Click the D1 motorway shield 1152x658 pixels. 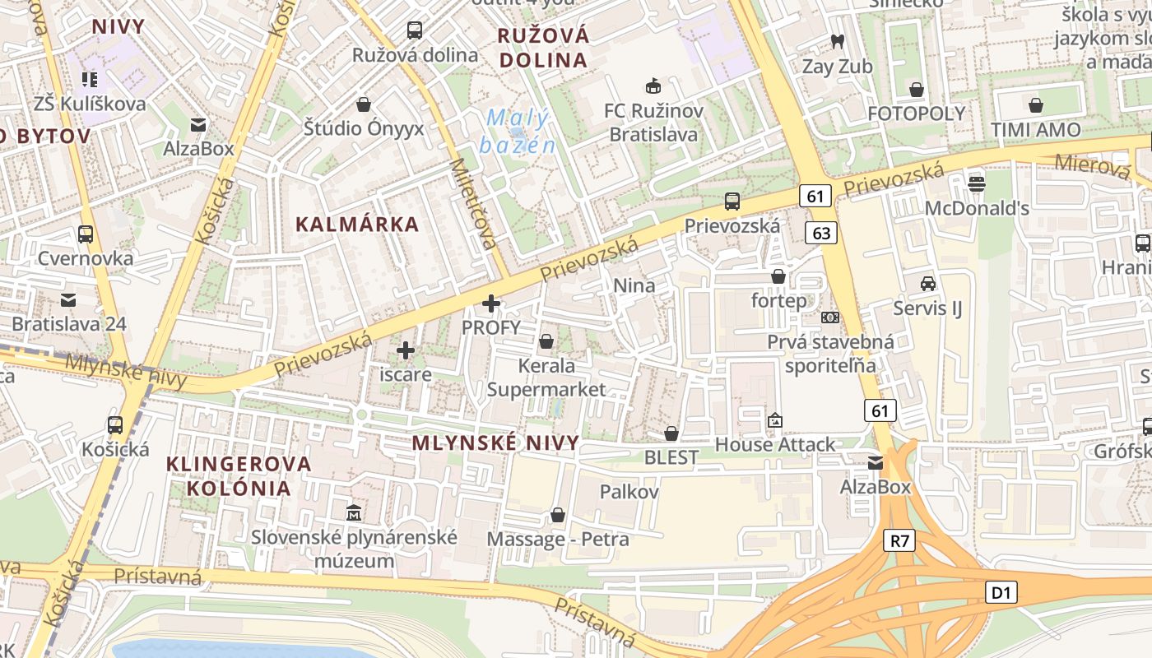(1001, 591)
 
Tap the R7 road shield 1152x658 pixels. (899, 540)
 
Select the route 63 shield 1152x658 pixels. (821, 233)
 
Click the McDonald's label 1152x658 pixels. (977, 208)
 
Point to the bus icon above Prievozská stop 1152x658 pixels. (732, 201)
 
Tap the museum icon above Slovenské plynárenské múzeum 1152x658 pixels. (354, 512)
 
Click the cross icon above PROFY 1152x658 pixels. (491, 304)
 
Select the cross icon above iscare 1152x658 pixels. (405, 350)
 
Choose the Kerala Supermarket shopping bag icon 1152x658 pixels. (546, 341)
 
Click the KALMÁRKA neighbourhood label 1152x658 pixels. (357, 224)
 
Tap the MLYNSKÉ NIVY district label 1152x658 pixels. (495, 443)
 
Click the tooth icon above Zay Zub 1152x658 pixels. (838, 41)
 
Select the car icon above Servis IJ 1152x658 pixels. (927, 284)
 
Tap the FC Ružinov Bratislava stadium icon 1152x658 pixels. (653, 86)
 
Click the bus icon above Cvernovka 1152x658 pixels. (85, 234)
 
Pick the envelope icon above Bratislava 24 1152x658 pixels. (68, 299)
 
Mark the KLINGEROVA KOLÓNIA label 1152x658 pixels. (239, 475)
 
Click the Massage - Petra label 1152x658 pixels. (558, 539)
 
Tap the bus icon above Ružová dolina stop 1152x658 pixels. (415, 30)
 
